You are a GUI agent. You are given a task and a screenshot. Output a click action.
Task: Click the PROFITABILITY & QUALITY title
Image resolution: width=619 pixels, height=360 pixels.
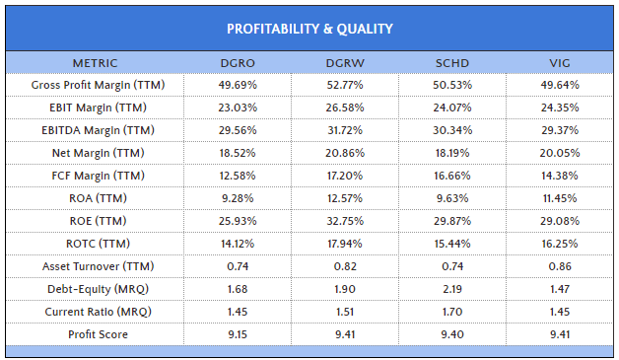click(309, 28)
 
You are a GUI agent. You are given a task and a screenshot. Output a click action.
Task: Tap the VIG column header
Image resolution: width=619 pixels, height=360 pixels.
click(558, 63)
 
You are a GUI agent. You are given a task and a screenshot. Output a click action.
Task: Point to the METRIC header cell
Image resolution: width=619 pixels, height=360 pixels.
click(99, 63)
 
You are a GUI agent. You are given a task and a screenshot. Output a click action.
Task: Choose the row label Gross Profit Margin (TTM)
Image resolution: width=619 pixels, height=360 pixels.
click(99, 85)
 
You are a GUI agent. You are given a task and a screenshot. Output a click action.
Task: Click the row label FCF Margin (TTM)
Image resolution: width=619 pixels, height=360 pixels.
click(99, 176)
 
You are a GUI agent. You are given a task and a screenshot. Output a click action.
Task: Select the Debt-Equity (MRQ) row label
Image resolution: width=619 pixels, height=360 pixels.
click(99, 289)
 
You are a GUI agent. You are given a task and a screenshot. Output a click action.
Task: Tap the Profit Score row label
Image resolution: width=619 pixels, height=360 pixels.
click(99, 334)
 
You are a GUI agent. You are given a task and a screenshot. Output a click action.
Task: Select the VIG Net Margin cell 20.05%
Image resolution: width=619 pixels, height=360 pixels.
click(558, 153)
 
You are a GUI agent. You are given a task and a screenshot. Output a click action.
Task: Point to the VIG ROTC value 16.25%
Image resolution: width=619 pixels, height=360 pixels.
click(558, 244)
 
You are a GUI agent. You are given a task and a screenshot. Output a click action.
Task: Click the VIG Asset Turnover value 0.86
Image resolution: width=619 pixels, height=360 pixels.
click(558, 266)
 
